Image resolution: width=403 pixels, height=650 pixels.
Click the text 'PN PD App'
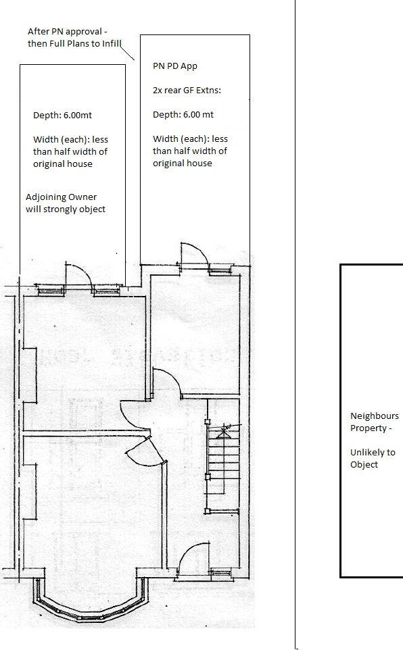(x=174, y=66)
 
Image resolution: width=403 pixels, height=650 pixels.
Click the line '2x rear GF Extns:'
(x=187, y=90)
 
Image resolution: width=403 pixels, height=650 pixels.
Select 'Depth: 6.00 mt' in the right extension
(x=183, y=114)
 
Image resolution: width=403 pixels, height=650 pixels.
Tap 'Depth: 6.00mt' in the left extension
(x=62, y=115)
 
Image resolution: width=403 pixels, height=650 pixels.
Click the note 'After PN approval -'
(x=68, y=32)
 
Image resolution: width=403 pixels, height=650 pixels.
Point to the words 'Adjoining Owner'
(x=61, y=197)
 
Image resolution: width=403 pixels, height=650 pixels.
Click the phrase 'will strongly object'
(x=66, y=209)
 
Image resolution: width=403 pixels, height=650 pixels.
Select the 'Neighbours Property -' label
(x=375, y=422)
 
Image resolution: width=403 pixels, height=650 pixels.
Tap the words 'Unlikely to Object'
(x=373, y=458)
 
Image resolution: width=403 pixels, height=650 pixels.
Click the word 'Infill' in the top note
(x=112, y=43)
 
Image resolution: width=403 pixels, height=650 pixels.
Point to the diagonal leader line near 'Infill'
(x=127, y=53)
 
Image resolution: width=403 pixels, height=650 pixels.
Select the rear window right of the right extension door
(x=220, y=271)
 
